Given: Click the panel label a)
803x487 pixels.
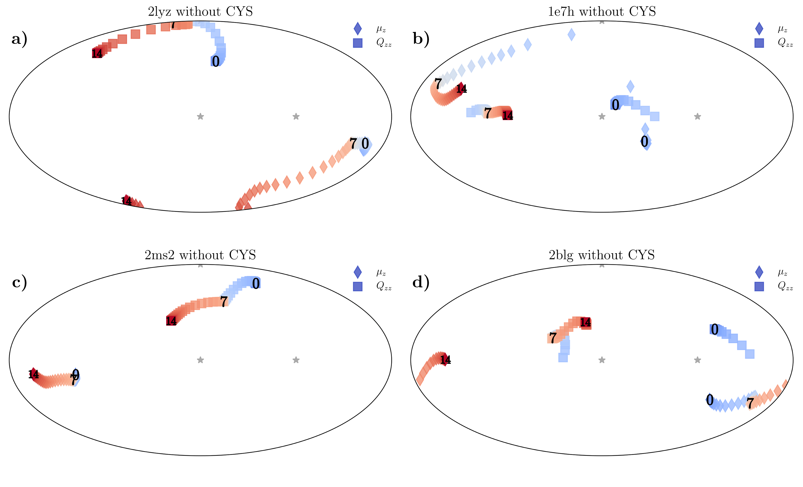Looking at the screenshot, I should [x=19, y=39].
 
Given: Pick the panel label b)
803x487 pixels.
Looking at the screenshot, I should [x=421, y=39].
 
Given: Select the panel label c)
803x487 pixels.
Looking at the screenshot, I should [x=19, y=282].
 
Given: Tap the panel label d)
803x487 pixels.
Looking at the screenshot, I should [x=421, y=282].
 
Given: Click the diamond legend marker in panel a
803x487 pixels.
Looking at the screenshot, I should [x=357, y=29].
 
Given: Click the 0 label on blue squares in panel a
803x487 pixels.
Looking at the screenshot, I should [x=215, y=61].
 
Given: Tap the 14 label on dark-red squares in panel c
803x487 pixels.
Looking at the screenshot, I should [x=171, y=321].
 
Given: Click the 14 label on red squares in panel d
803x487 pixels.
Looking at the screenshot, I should [x=585, y=323].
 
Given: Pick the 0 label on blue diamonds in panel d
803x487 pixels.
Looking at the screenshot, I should [x=710, y=400].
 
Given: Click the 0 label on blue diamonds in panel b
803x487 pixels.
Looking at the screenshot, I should [x=644, y=141].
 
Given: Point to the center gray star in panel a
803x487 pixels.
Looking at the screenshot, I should [x=201, y=116].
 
